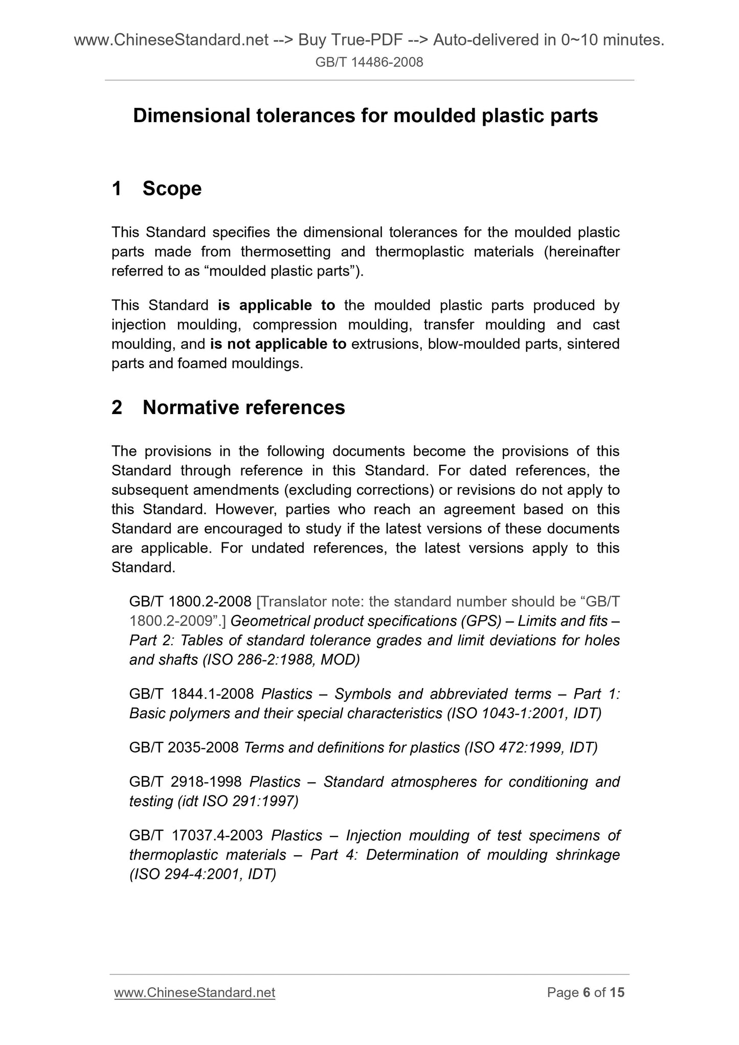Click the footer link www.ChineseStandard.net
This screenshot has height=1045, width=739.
(x=194, y=992)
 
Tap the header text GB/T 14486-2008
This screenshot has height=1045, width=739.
(x=369, y=62)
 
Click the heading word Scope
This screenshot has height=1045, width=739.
(x=172, y=189)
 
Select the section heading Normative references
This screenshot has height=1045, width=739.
(x=243, y=407)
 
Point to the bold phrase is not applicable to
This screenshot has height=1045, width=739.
(x=278, y=344)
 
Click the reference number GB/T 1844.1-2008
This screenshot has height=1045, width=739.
(x=191, y=694)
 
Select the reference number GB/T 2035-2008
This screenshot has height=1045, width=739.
(x=184, y=747)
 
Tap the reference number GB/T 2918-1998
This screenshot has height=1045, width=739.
(x=185, y=782)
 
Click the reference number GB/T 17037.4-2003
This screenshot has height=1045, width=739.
(x=195, y=835)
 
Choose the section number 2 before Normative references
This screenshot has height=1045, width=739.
(x=117, y=407)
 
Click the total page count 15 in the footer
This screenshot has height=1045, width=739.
(x=617, y=992)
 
